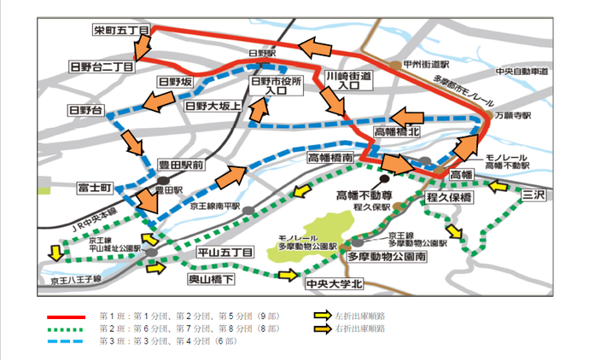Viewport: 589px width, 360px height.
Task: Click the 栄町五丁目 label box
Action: coord(121,32)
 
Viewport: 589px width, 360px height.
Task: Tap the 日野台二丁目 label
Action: coord(102,67)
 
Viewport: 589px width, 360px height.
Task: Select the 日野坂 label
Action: coord(176,82)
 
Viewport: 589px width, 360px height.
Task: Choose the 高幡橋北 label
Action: coord(398,133)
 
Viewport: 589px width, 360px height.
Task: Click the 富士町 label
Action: coord(95,186)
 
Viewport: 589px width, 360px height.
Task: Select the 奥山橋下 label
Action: coord(212,279)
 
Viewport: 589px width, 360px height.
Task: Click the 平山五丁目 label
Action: coord(225,253)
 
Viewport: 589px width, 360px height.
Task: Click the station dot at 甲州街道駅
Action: coord(394,64)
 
